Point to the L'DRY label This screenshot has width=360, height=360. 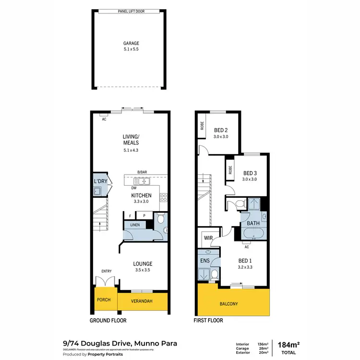coord(100,180)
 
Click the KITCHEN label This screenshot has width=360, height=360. coord(142,195)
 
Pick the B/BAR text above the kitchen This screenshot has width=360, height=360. coord(142,172)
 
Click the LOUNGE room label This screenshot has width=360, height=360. coord(143,264)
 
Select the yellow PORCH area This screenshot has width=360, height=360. coord(104,300)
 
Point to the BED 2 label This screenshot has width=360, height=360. coord(220,130)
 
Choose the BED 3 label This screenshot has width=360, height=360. coord(250,173)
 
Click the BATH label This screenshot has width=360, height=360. coord(253,223)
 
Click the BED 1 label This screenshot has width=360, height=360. coord(245,261)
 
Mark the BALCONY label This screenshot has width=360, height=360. coord(229,304)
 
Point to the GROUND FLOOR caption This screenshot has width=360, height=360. coord(108,320)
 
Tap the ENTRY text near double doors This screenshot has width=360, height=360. coord(106,271)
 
